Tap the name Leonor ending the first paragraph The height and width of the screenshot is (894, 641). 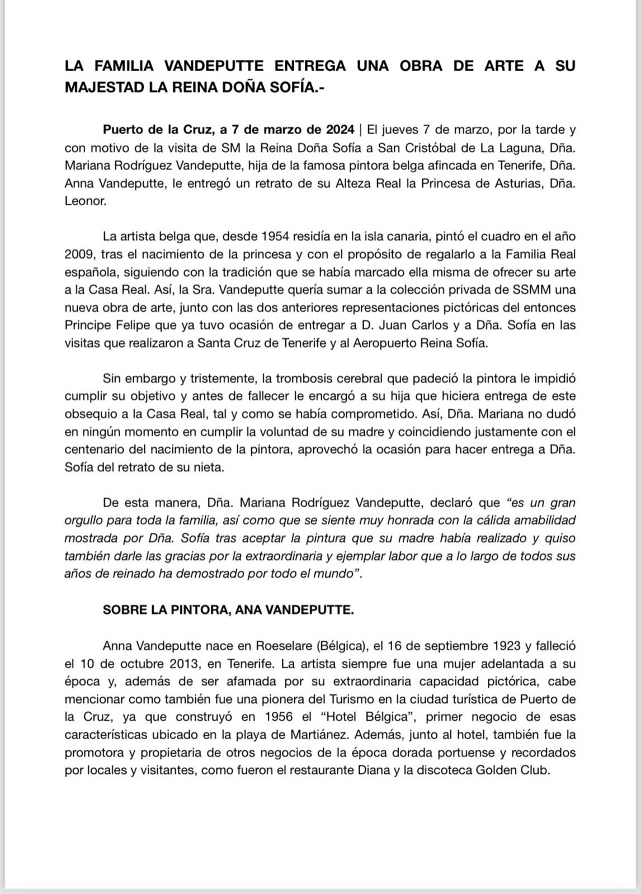pos(85,201)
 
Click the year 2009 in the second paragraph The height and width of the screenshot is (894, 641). pos(79,254)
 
